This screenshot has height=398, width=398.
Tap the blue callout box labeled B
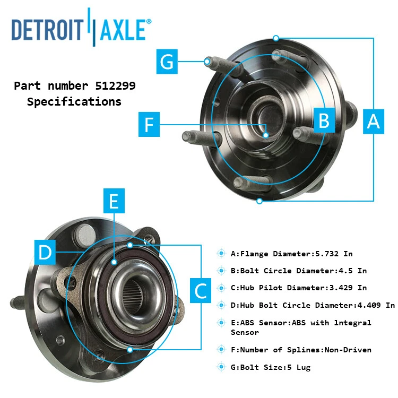323,120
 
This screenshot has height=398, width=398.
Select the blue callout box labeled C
201,290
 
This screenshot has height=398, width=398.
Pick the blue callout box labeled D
46,252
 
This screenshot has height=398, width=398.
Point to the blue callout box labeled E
114,202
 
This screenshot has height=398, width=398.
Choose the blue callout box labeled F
149,125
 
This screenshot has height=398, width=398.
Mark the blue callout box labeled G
167,62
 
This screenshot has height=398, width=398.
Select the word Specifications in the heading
74,101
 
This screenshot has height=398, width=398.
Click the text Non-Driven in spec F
347,350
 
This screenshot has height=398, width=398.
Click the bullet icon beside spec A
221,254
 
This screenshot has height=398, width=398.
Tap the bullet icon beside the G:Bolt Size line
221,367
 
